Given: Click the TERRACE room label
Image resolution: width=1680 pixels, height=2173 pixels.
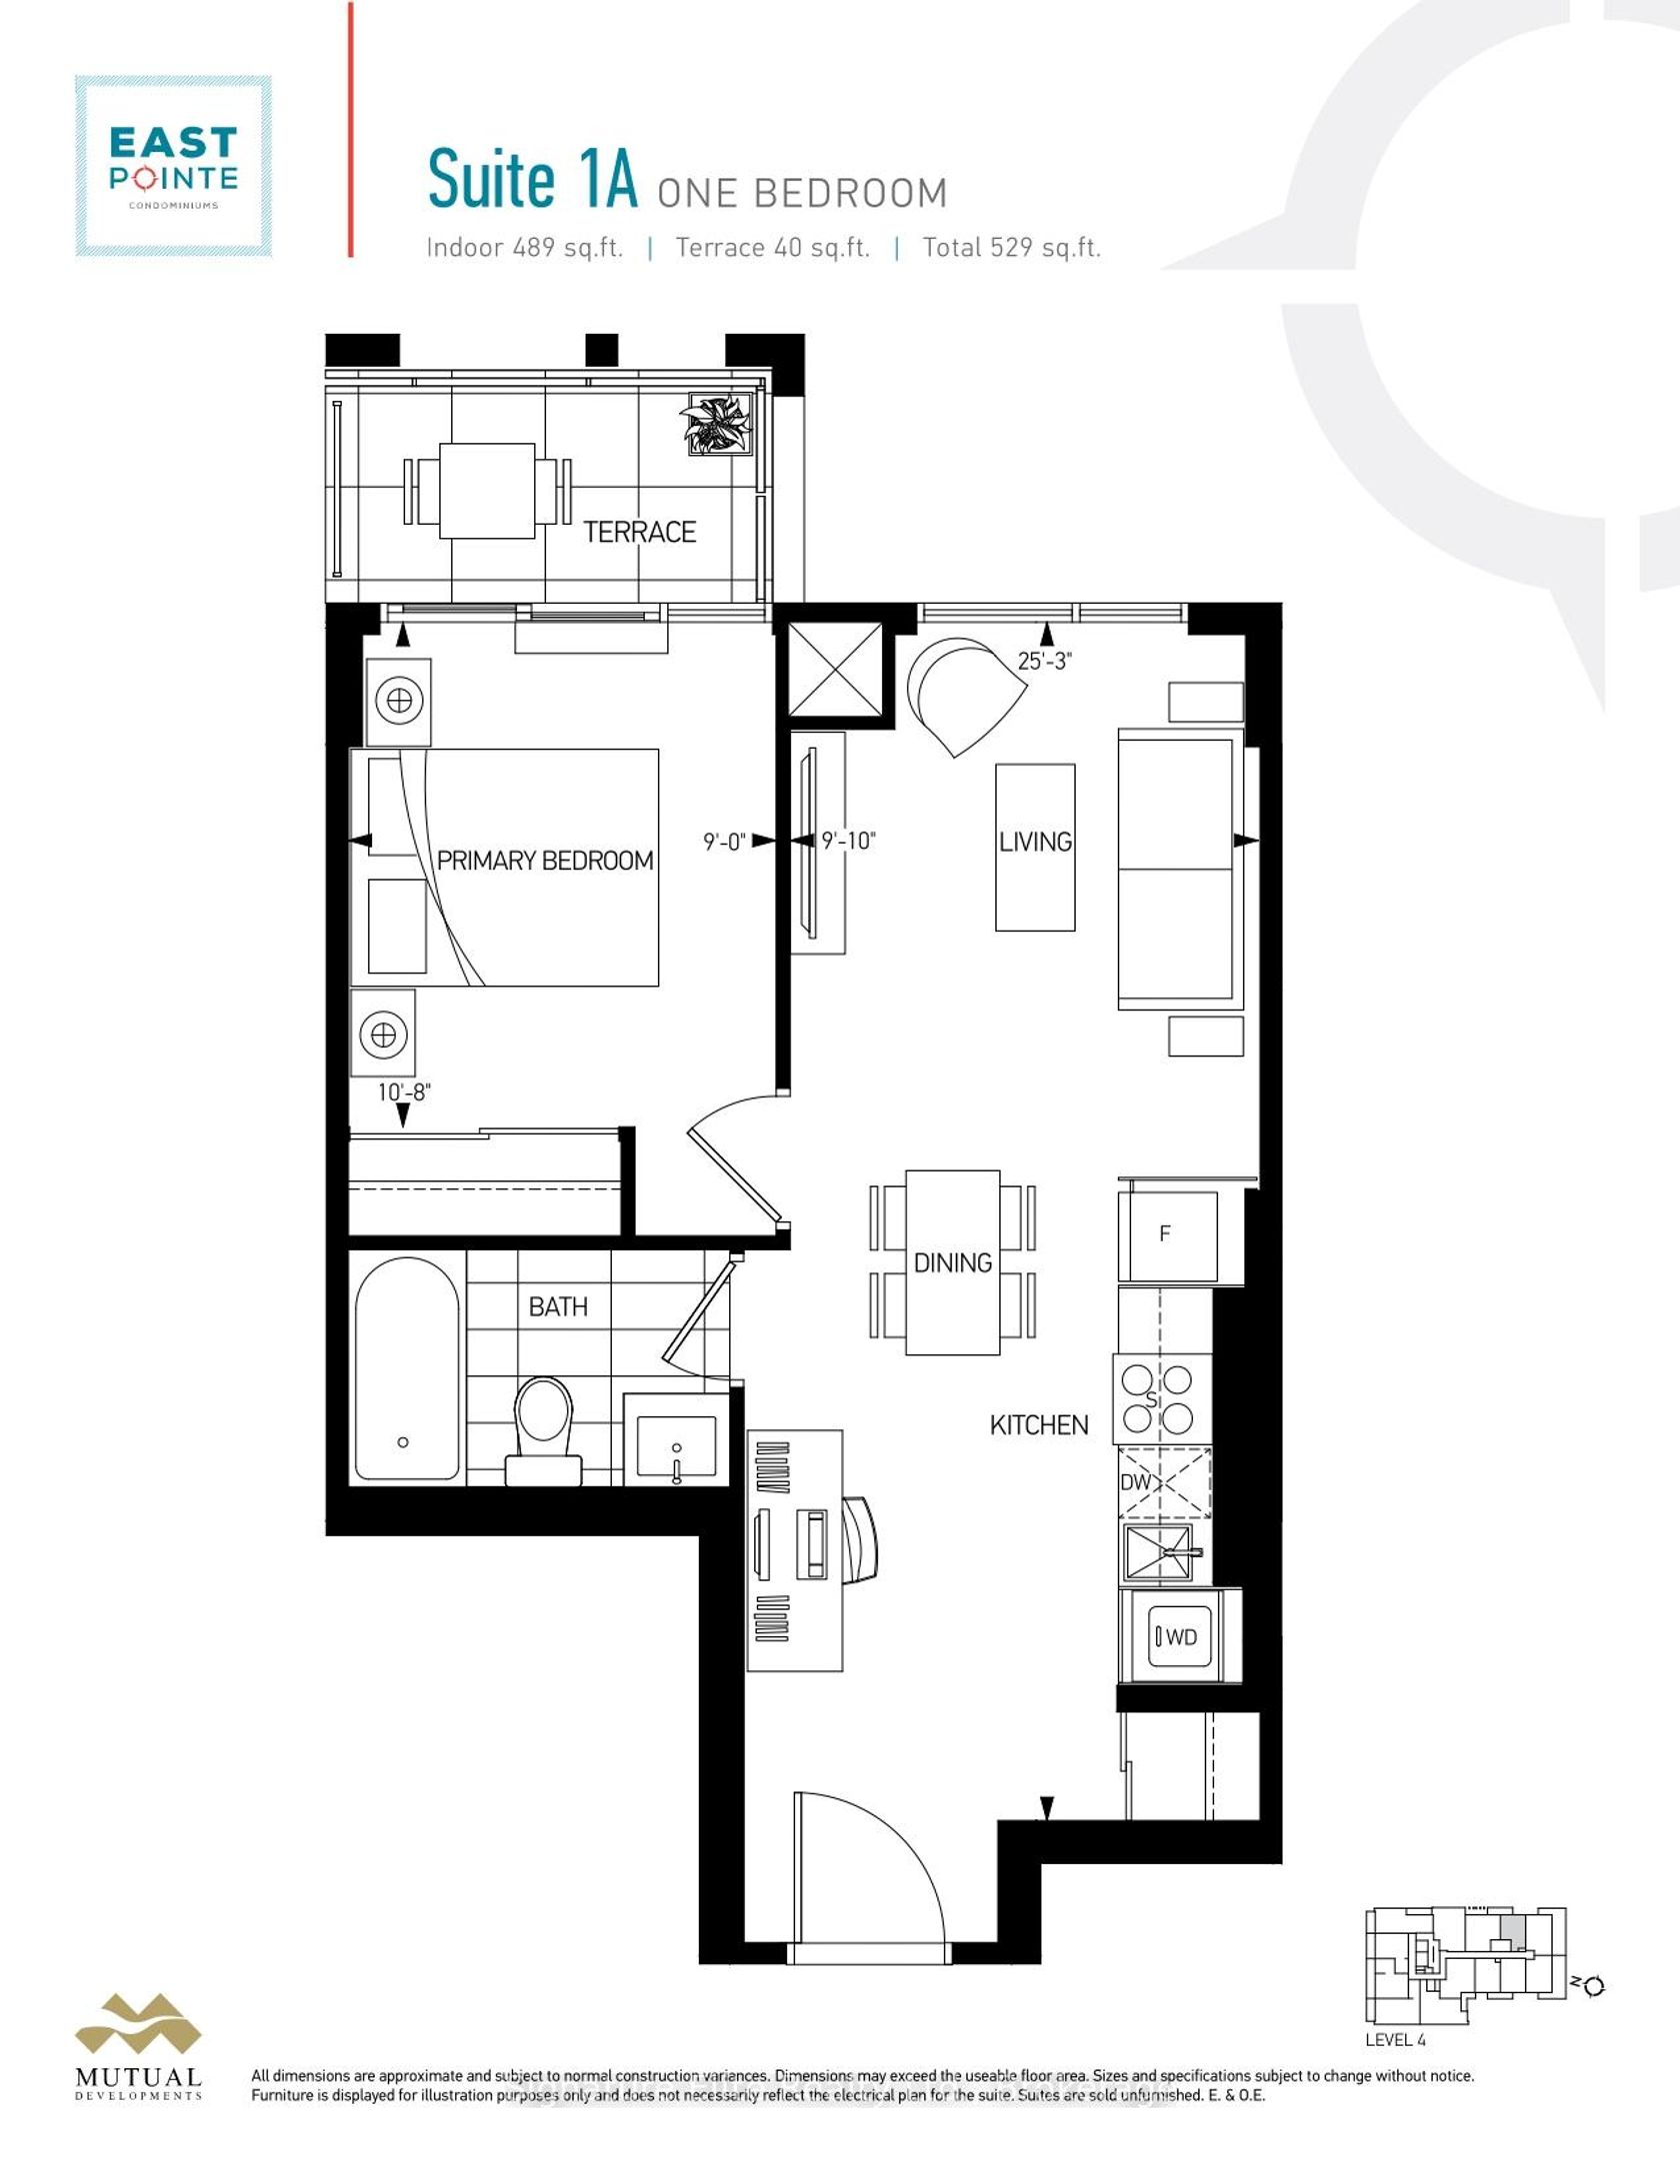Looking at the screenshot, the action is [639, 532].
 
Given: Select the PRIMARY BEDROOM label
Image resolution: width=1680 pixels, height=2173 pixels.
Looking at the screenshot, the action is [545, 861].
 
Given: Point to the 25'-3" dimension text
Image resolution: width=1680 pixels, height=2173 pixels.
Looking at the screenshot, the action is [1045, 661].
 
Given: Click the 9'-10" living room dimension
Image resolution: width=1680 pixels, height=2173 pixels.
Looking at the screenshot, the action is [848, 841].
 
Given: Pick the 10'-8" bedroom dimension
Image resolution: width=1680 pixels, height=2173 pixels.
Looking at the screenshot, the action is [403, 1091].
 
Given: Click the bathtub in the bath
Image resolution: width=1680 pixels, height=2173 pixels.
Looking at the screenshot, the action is [407, 1369].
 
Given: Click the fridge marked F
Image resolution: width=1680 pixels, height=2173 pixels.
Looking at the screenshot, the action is [1167, 1235].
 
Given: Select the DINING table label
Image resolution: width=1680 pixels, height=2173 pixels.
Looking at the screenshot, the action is [953, 1263].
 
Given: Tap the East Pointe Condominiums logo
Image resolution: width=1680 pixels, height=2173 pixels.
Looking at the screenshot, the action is [174, 166].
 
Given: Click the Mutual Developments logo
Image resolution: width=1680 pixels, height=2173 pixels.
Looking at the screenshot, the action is [139, 2048].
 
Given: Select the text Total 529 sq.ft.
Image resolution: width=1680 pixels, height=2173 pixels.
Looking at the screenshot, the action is [1011, 248].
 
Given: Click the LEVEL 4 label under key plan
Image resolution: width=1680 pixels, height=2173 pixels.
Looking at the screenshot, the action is [1395, 2039].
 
